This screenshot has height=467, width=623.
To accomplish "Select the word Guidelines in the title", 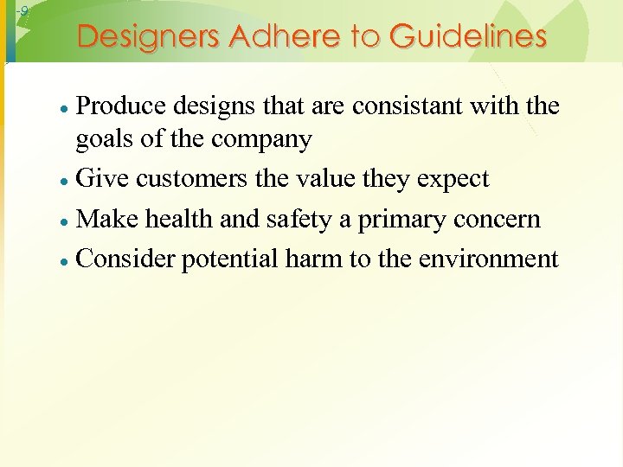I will (467, 36).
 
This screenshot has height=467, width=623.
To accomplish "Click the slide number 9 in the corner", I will (24, 11).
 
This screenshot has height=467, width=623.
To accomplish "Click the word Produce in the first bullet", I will (121, 106).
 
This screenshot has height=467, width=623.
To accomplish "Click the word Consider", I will (126, 259).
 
